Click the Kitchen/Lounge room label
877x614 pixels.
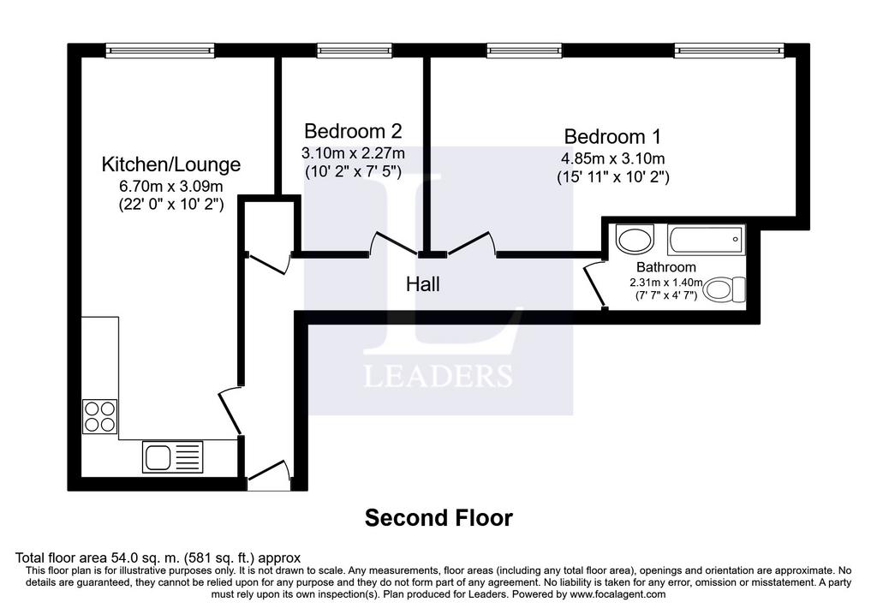(171, 164)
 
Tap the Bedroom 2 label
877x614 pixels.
(353, 131)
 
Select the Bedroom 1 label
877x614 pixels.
(612, 136)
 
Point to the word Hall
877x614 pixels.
(423, 284)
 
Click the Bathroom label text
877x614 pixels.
(666, 266)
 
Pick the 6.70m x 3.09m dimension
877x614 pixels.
(171, 186)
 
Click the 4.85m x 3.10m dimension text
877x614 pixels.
(613, 158)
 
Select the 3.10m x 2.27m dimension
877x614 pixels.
(353, 152)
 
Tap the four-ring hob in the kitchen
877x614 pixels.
(100, 416)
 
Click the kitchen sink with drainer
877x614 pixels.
(173, 457)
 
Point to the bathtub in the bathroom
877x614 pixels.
(707, 240)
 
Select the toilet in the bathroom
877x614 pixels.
(725, 290)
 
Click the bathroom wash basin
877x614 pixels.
(635, 239)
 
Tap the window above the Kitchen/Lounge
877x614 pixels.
(160, 51)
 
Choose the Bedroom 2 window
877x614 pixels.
(354, 51)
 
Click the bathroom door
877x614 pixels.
(595, 286)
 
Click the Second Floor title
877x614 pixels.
(438, 518)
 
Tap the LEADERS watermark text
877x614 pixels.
(438, 376)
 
